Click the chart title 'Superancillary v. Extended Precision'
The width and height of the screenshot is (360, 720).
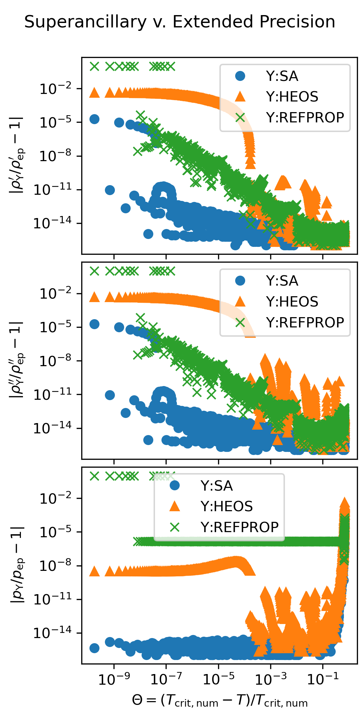click(x=180, y=22)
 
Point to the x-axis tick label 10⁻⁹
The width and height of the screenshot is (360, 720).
click(x=114, y=679)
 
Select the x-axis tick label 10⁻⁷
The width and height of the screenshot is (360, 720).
click(x=166, y=679)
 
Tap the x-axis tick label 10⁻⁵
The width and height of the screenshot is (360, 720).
click(x=218, y=679)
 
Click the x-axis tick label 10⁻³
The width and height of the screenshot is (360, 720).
click(x=271, y=679)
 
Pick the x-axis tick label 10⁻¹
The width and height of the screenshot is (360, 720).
click(x=323, y=679)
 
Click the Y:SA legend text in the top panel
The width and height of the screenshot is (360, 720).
click(x=282, y=76)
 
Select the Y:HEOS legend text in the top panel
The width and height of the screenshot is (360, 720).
click(x=292, y=97)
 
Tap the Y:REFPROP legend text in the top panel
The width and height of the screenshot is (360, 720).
click(x=305, y=118)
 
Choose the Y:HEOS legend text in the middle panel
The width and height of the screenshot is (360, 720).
click(x=292, y=302)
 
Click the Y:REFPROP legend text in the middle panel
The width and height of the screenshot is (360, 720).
click(x=305, y=323)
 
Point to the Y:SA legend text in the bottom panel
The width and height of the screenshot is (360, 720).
click(x=216, y=486)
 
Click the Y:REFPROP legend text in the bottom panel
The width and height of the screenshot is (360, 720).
click(x=239, y=527)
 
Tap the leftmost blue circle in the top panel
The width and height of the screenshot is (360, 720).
click(x=94, y=119)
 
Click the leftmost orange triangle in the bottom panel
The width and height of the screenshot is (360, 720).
click(x=94, y=572)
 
